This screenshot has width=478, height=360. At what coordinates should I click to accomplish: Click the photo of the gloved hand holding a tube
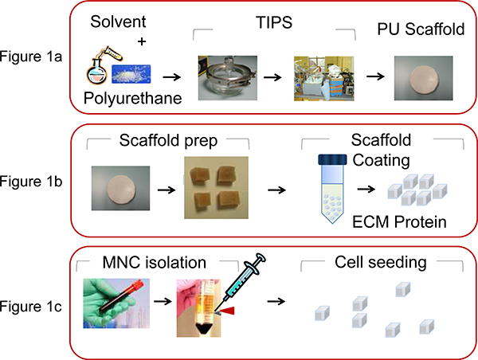(x=121, y=303)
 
